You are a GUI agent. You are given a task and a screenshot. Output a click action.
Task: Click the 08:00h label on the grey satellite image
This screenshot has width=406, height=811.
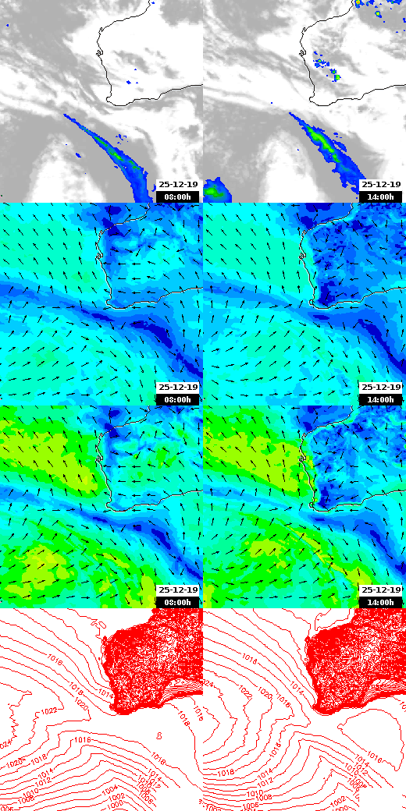pyautogui.click(x=177, y=197)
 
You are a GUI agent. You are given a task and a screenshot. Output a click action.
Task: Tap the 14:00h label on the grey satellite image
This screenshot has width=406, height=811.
pyautogui.click(x=380, y=197)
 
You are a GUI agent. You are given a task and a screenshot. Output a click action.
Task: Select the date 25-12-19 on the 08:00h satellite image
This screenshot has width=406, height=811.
pyautogui.click(x=177, y=184)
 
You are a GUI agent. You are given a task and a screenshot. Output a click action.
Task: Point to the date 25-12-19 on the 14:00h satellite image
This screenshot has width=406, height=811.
pyautogui.click(x=380, y=184)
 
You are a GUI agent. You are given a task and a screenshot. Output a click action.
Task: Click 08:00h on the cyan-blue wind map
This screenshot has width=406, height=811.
pyautogui.click(x=177, y=399)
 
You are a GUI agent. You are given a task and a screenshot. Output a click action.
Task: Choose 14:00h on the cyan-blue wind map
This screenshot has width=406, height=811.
pyautogui.click(x=380, y=399)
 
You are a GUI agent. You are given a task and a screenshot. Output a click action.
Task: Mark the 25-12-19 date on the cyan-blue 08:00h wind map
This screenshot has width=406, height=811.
pyautogui.click(x=177, y=387)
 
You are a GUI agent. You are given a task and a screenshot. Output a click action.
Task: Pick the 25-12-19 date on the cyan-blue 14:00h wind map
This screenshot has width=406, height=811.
pyautogui.click(x=380, y=387)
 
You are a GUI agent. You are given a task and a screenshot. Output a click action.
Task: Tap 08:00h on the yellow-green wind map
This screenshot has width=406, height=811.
pyautogui.click(x=177, y=602)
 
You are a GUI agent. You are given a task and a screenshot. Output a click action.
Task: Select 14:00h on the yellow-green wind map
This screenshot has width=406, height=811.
pyautogui.click(x=380, y=602)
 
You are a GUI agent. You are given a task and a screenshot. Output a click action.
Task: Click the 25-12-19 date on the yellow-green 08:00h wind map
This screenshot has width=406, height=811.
pyautogui.click(x=177, y=590)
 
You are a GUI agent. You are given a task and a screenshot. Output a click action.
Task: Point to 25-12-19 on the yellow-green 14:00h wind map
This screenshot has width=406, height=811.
pyautogui.click(x=380, y=590)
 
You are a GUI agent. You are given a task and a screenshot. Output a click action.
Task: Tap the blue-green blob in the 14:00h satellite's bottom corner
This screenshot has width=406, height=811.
pyautogui.click(x=218, y=189)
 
